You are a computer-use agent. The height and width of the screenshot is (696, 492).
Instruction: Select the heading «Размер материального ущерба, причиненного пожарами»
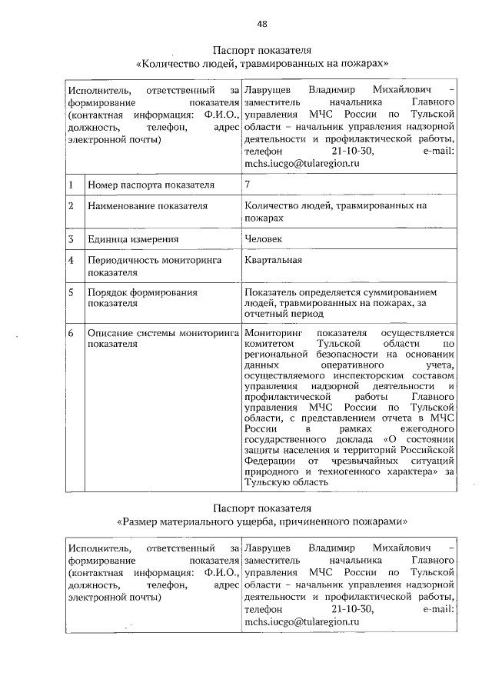pos(261,521)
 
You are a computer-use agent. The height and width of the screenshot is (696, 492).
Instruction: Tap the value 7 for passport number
pos(247,185)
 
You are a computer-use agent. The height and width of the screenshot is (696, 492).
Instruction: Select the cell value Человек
pos(264,238)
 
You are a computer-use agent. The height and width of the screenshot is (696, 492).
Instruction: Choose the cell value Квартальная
pos(272,259)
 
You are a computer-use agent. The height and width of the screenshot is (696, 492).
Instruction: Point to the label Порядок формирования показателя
pos(142,298)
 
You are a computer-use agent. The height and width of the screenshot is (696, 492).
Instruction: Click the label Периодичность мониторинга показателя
pos(154,265)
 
